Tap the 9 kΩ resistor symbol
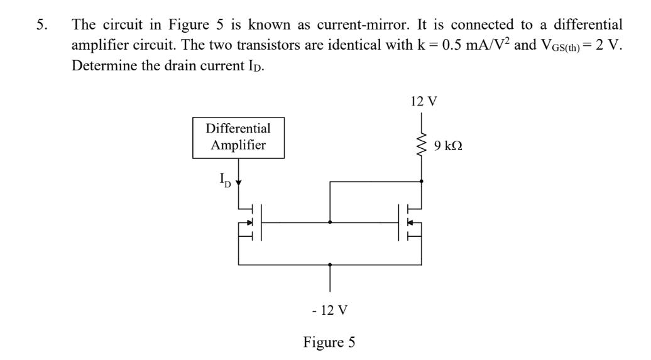click(x=421, y=145)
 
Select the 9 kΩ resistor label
click(x=447, y=146)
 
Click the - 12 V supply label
click(x=330, y=310)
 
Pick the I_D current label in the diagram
click(x=224, y=180)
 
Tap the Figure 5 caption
click(x=329, y=342)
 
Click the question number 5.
click(x=40, y=25)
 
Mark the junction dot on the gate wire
click(x=330, y=222)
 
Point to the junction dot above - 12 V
click(x=330, y=265)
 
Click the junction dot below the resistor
click(x=421, y=181)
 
